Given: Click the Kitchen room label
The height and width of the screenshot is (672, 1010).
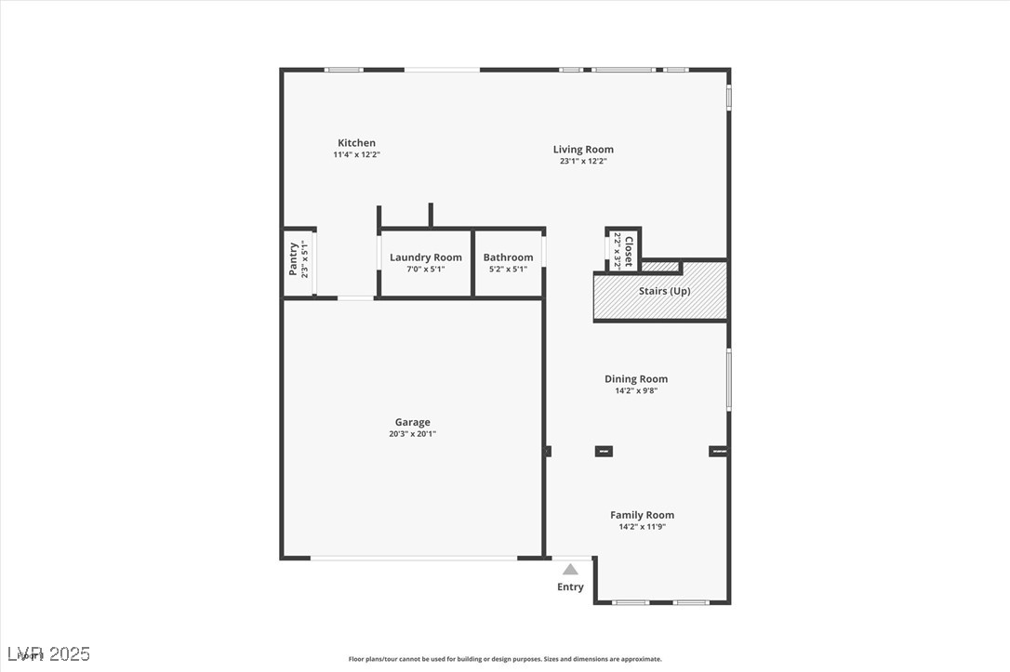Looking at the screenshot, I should (356, 143).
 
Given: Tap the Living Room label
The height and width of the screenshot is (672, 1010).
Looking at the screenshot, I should (583, 150).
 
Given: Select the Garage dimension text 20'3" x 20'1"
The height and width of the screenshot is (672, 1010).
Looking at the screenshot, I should (412, 434).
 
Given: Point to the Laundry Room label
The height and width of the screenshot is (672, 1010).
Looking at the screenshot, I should (425, 257).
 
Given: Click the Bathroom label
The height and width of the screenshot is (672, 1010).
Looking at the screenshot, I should (508, 257).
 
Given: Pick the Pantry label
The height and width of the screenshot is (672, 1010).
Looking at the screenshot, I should (293, 258).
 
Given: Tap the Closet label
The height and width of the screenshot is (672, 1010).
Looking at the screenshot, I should (629, 251).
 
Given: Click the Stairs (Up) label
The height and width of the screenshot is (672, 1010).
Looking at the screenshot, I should (665, 291).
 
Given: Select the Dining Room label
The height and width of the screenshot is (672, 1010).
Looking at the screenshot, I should (636, 379).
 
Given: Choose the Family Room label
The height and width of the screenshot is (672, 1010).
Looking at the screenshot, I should (642, 515).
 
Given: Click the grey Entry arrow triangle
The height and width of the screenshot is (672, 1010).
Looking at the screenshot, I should (570, 569).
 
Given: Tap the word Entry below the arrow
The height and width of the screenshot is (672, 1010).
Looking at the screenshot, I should (570, 586).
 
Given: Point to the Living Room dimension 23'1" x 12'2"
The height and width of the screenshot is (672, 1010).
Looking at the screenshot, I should (583, 161).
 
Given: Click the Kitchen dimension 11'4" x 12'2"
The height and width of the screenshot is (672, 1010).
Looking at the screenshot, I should (357, 154).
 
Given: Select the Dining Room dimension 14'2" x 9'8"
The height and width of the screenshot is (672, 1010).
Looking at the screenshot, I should (636, 390).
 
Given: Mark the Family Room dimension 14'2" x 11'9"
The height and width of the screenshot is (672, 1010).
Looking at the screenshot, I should (642, 527).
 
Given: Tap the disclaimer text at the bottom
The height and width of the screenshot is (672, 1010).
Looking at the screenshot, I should (505, 659).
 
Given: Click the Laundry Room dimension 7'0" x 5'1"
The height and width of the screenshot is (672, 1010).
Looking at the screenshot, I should (425, 270).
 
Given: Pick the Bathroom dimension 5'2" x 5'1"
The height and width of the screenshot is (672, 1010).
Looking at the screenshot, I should (508, 270).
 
